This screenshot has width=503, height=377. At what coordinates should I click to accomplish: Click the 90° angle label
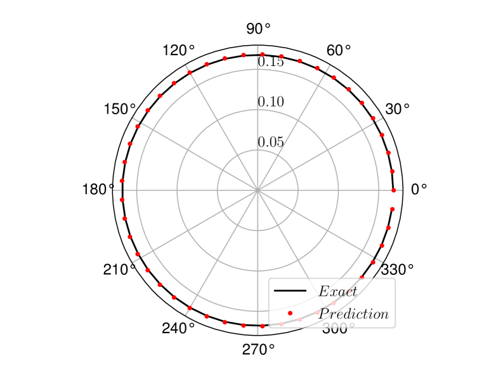(x=258, y=29)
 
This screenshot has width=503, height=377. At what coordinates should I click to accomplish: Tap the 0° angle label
(x=419, y=189)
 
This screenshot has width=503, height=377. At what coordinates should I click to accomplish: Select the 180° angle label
(x=98, y=189)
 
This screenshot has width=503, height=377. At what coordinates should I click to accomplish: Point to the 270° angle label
(x=259, y=350)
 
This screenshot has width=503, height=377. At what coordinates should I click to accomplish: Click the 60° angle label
(x=339, y=50)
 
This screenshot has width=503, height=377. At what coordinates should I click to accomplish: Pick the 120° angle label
(x=178, y=50)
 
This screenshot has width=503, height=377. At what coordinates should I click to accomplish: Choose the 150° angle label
(x=120, y=109)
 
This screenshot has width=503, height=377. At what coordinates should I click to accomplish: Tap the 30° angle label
(x=397, y=109)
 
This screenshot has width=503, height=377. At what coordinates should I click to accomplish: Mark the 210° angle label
(x=119, y=270)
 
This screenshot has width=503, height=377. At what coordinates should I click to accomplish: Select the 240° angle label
(x=178, y=328)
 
